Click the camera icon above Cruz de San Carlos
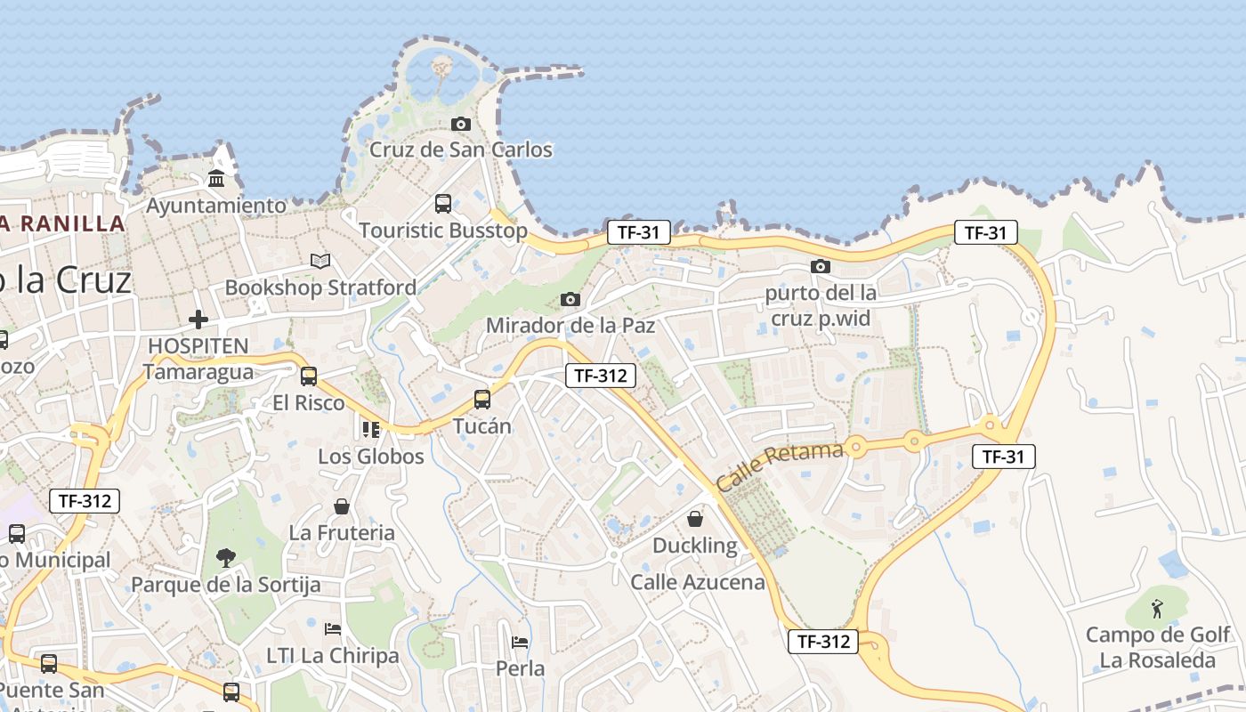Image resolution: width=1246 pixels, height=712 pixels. tap(460, 125)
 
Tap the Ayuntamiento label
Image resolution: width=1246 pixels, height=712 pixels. tap(216, 206)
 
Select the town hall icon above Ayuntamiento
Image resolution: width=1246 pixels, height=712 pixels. tap(216, 180)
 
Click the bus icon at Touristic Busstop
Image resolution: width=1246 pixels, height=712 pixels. tap(442, 204)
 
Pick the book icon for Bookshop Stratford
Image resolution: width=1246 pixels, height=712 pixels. tap(320, 261)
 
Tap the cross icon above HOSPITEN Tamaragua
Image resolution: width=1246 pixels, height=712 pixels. tap(198, 320)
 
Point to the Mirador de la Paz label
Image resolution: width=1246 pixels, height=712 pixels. tap(570, 325)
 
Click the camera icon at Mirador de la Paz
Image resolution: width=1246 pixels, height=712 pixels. tap(570, 299)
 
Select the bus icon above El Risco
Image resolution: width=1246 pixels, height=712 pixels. tap(309, 376)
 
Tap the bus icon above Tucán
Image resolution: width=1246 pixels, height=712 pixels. tap(482, 400)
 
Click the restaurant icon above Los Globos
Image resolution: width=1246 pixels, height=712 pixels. tap(371, 430)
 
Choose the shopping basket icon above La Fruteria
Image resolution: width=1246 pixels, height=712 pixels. tap(341, 506)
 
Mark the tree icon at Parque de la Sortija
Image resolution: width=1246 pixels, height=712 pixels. tap(226, 558)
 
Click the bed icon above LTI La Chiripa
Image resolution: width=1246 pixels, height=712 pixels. tap(333, 629)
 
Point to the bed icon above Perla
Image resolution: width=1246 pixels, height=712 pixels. tap(520, 642)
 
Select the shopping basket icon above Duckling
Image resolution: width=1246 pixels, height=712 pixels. tap(695, 518)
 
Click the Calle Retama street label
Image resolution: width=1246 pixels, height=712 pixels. tap(779, 466)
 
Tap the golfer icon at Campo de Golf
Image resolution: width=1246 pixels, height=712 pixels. tap(1157, 609)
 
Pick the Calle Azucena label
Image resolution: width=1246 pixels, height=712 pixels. tap(698, 582)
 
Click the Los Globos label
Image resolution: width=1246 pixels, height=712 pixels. tap(371, 457)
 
